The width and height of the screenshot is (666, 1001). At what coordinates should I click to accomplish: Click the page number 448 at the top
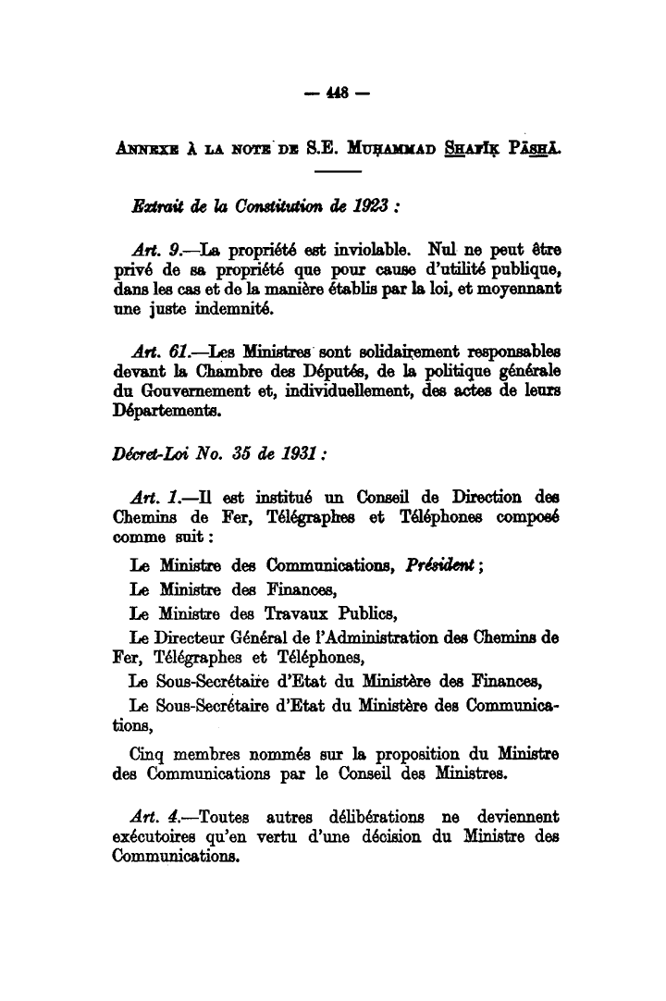coord(334,93)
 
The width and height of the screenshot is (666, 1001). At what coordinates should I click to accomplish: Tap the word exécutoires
coord(157,838)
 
